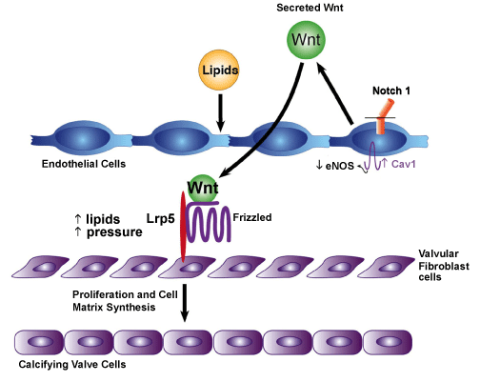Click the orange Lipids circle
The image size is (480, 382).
click(x=219, y=70)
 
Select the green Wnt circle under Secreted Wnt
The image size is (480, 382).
click(x=306, y=40)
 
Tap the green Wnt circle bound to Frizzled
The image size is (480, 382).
click(x=203, y=188)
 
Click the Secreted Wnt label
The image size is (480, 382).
click(x=310, y=8)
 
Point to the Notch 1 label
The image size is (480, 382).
click(x=391, y=90)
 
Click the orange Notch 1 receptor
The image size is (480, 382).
click(x=384, y=116)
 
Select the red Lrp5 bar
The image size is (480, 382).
click(x=183, y=227)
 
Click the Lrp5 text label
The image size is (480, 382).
click(x=161, y=218)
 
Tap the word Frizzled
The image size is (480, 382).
click(x=252, y=217)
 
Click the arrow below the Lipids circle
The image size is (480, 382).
click(x=220, y=112)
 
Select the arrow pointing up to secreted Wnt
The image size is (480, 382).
click(x=334, y=92)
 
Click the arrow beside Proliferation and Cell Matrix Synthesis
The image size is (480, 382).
click(x=185, y=303)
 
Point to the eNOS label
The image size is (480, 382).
click(x=335, y=165)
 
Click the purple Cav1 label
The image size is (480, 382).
click(x=399, y=164)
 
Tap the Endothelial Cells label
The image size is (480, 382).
click(x=84, y=164)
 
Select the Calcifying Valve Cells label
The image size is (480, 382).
click(x=72, y=364)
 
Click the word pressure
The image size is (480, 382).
click(x=114, y=232)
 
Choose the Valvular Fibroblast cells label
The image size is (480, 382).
click(x=443, y=266)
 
